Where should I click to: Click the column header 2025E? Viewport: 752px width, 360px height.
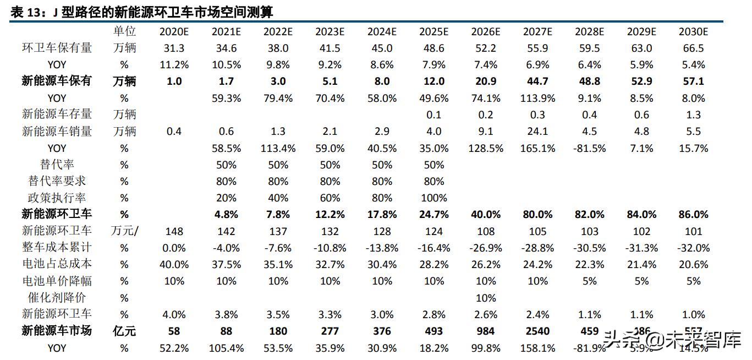433,31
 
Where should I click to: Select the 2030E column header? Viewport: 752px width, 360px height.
693,31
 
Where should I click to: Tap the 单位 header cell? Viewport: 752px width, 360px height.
124,31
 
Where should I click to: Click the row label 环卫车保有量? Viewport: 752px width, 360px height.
57,48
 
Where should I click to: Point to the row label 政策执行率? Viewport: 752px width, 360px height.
57,198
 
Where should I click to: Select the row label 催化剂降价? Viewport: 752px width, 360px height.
57,298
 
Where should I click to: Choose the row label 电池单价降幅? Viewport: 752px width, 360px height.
57,281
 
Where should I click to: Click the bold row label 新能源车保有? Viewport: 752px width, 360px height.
57,81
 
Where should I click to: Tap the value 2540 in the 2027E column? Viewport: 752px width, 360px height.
537,331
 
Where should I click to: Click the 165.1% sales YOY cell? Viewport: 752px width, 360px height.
537,148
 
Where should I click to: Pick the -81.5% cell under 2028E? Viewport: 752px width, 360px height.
589,148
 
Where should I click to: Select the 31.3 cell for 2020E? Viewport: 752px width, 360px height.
174,48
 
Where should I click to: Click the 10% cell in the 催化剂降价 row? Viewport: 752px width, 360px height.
485,298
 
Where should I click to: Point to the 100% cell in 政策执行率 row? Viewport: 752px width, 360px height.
433,198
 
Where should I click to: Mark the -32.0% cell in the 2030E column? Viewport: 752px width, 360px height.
693,248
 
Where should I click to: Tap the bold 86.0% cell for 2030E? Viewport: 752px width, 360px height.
693,214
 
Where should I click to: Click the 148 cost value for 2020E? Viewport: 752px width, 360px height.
174,231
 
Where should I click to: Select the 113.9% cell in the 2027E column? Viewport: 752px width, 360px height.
537,98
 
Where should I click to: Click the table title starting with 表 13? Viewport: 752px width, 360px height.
141,12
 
